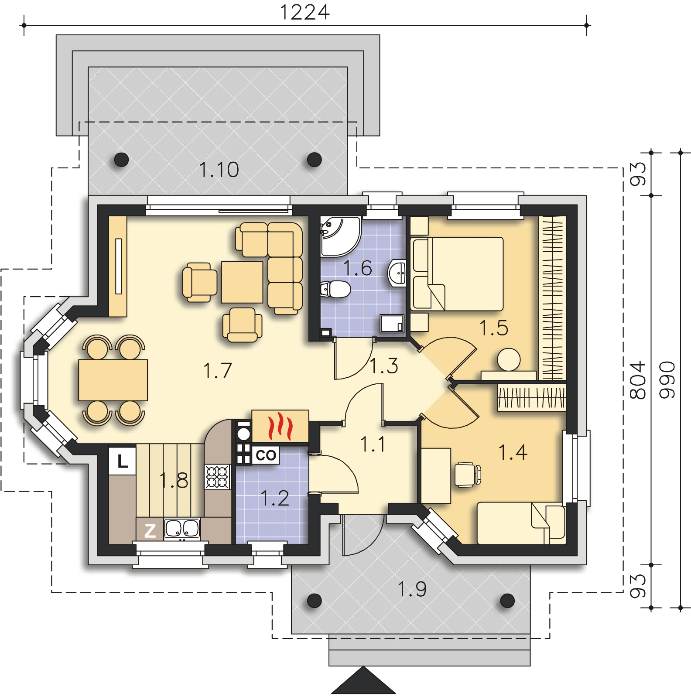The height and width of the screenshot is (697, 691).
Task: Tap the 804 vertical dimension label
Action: [x=637, y=380]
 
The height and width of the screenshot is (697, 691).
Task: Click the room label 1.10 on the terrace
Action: [x=219, y=169]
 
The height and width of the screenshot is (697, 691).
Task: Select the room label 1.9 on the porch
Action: [x=412, y=589]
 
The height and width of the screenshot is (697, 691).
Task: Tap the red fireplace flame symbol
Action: [x=279, y=427]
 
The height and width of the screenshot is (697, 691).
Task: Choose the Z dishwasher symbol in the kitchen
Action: [x=150, y=531]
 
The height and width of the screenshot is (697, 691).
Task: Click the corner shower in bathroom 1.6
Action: [x=341, y=236]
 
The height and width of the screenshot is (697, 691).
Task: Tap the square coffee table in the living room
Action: [x=242, y=282]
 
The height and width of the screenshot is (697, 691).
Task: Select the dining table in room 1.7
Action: [x=113, y=380]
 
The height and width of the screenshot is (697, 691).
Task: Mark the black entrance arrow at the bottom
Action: [x=363, y=680]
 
